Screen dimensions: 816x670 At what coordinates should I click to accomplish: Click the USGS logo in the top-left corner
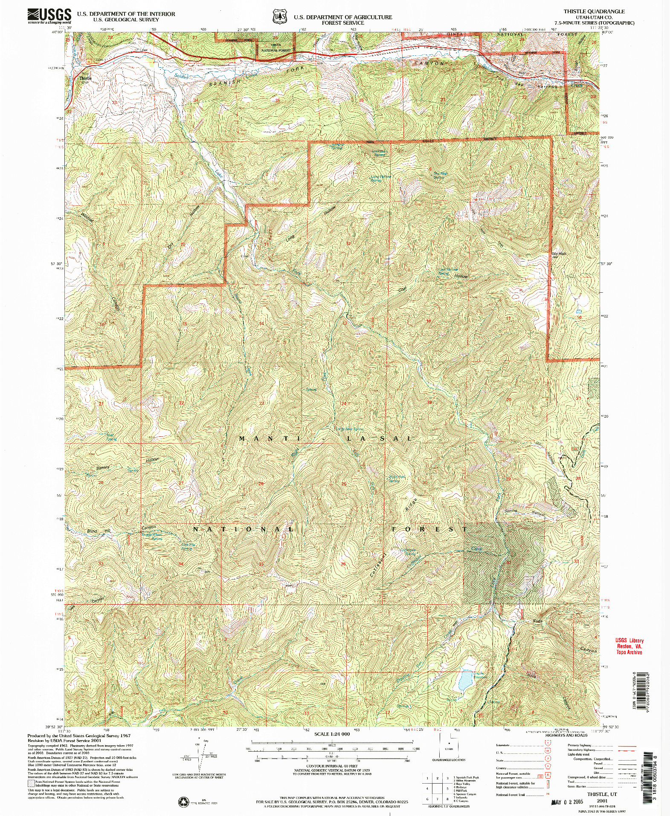click(49, 16)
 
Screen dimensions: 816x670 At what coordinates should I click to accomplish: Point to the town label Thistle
click(85, 78)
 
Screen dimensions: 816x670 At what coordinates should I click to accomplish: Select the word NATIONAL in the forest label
click(243, 529)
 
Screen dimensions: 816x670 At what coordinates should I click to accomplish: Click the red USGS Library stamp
click(629, 646)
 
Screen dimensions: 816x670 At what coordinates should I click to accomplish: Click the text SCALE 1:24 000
click(332, 734)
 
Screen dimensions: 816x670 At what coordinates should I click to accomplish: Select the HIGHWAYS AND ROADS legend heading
click(566, 735)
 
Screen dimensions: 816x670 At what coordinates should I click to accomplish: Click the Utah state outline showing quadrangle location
click(449, 745)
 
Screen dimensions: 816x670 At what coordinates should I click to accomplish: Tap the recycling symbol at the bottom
click(183, 802)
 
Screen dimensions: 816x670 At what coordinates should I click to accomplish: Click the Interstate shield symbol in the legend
click(547, 742)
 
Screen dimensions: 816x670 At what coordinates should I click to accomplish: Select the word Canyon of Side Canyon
click(588, 650)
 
